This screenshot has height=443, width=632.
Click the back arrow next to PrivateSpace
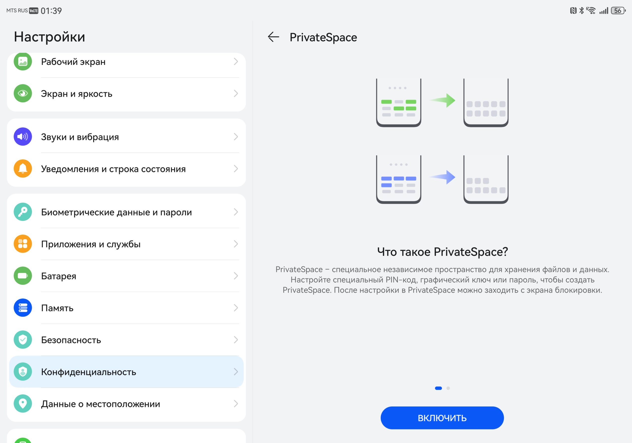click(273, 37)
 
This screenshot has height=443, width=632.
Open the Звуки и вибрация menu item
click(80, 137)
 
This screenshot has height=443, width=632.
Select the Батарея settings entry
click(59, 276)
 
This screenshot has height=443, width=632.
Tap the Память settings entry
click(57, 308)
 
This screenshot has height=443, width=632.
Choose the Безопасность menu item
click(71, 340)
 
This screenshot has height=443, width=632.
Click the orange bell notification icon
click(23, 168)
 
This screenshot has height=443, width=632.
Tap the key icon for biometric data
click(23, 212)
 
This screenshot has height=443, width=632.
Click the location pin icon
click(23, 404)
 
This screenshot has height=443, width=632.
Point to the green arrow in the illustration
click(442, 100)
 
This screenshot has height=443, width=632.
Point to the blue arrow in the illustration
click(442, 177)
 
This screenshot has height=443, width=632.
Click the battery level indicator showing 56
click(618, 11)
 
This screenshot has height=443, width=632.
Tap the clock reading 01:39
click(51, 11)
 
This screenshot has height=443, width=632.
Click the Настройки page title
click(50, 37)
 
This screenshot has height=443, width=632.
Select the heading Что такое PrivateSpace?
click(442, 252)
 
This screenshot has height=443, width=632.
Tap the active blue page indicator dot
click(438, 388)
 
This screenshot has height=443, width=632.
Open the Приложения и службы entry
click(91, 244)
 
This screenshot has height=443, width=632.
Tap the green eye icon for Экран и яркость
click(23, 93)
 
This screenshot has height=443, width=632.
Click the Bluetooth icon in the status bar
click(581, 11)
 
